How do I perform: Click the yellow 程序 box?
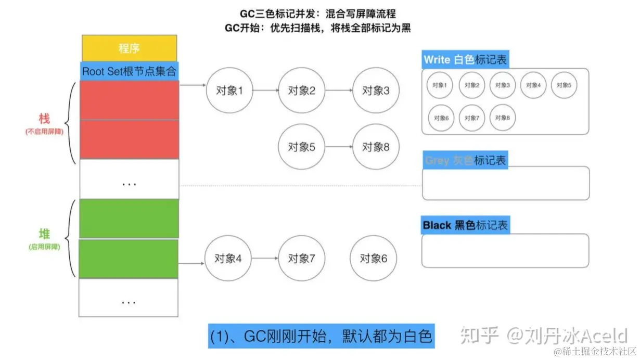[129, 48]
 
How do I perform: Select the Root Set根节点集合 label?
[129, 71]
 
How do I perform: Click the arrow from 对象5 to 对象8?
[338, 147]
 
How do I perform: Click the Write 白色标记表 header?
[465, 59]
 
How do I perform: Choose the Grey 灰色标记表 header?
[465, 160]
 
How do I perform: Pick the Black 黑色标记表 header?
[465, 225]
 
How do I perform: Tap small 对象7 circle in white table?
[471, 118]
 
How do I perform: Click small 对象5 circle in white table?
[564, 85]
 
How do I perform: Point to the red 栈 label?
[44, 118]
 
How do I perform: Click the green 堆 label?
[44, 234]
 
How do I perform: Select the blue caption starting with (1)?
[321, 336]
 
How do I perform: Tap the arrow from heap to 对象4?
[191, 263]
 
